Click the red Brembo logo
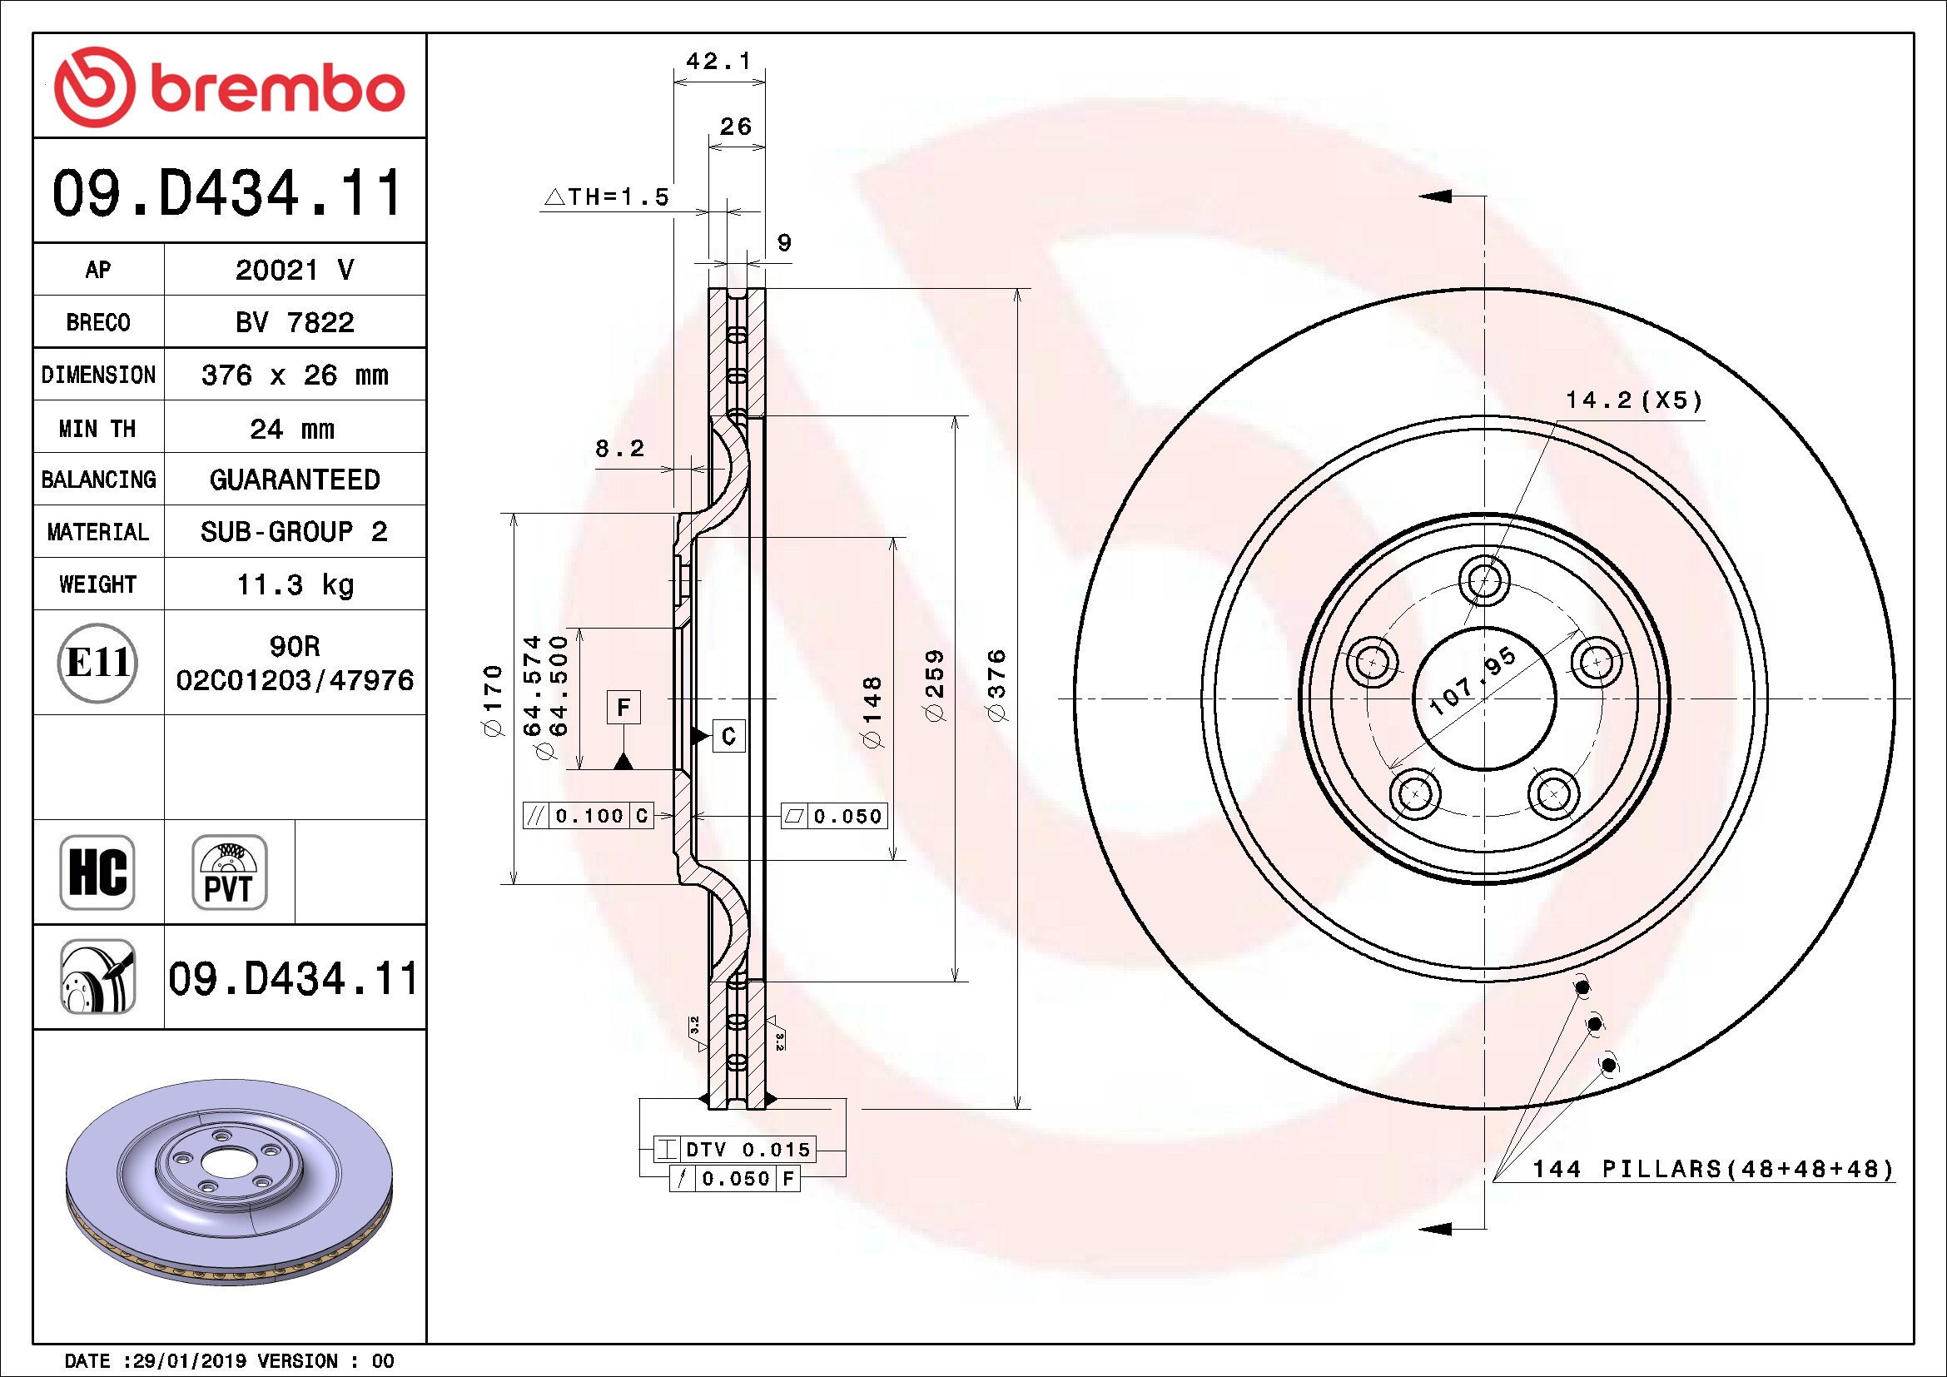(x=229, y=87)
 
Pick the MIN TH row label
(x=97, y=428)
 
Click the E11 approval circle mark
(x=97, y=662)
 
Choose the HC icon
(x=97, y=872)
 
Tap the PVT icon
(x=229, y=872)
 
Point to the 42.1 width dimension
(x=718, y=61)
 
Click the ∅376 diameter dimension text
(x=997, y=685)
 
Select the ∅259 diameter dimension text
(x=934, y=685)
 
